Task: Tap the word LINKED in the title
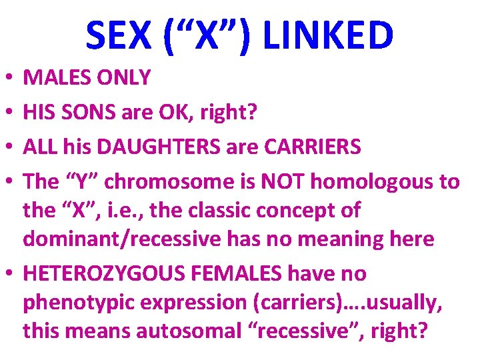[x=329, y=36]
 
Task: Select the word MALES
[x=55, y=78]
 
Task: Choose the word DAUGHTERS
[x=149, y=147]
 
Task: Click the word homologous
[x=389, y=182]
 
